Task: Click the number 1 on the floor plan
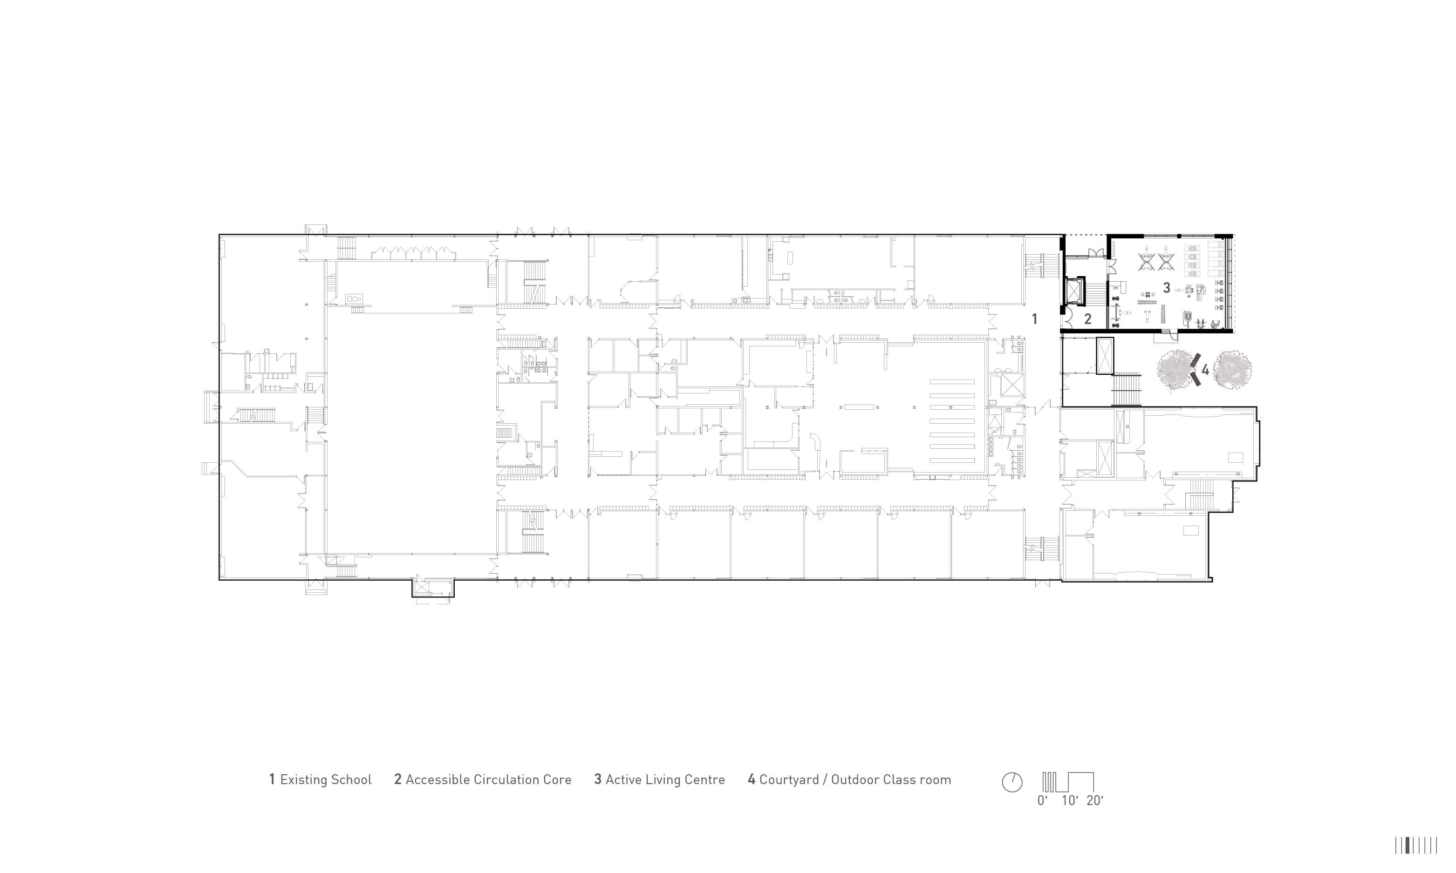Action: [x=1035, y=319]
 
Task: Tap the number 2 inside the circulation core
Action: [x=1087, y=319]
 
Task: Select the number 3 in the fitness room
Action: [x=1167, y=288]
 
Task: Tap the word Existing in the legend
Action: [x=302, y=780]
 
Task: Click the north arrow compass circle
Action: [x=1012, y=782]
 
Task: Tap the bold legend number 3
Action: [x=598, y=779]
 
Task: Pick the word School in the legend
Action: [x=351, y=779]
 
